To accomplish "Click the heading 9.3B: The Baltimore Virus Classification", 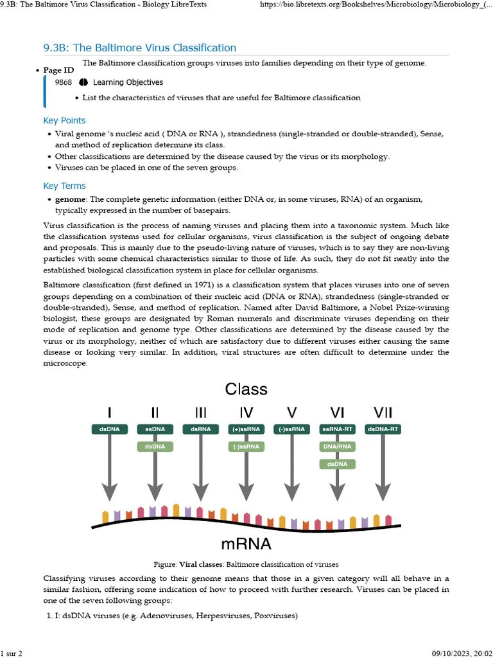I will pyautogui.click(x=139, y=48).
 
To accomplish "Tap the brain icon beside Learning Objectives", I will pyautogui.click(x=83, y=82).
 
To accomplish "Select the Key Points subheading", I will pyautogui.click(x=64, y=120).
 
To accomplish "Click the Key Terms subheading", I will pyautogui.click(x=64, y=186).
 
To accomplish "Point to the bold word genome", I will pyautogui.click(x=70, y=199).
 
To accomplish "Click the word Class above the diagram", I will pyautogui.click(x=246, y=389).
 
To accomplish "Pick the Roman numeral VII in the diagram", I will pyautogui.click(x=383, y=412).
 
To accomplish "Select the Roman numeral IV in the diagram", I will pyautogui.click(x=246, y=412).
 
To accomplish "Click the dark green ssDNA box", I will pyautogui.click(x=155, y=429).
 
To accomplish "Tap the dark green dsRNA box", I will pyautogui.click(x=200, y=429).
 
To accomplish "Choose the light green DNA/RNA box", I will pyautogui.click(x=337, y=446).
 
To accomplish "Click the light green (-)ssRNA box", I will pyautogui.click(x=246, y=446).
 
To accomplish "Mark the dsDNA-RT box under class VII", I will pyautogui.click(x=383, y=429).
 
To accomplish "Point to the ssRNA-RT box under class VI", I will pyautogui.click(x=337, y=429).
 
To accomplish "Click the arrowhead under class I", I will pyautogui.click(x=109, y=493).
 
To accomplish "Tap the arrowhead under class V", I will pyautogui.click(x=291, y=493).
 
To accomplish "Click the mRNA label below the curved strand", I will pyautogui.click(x=246, y=544).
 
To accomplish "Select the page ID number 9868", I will pyautogui.click(x=64, y=82).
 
